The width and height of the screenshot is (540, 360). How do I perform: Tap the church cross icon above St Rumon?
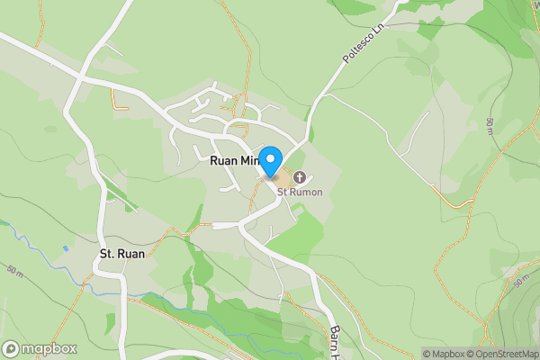(x=299, y=176)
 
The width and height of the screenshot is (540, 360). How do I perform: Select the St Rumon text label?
(x=299, y=192)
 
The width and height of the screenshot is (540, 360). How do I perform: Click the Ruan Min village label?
(x=233, y=160)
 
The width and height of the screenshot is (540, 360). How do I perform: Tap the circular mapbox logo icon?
(x=11, y=348)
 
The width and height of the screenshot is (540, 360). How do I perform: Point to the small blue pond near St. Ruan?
(x=66, y=248)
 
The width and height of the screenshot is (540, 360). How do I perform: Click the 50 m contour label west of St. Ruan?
(x=16, y=269)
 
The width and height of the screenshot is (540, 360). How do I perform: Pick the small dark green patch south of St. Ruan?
(x=111, y=319)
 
